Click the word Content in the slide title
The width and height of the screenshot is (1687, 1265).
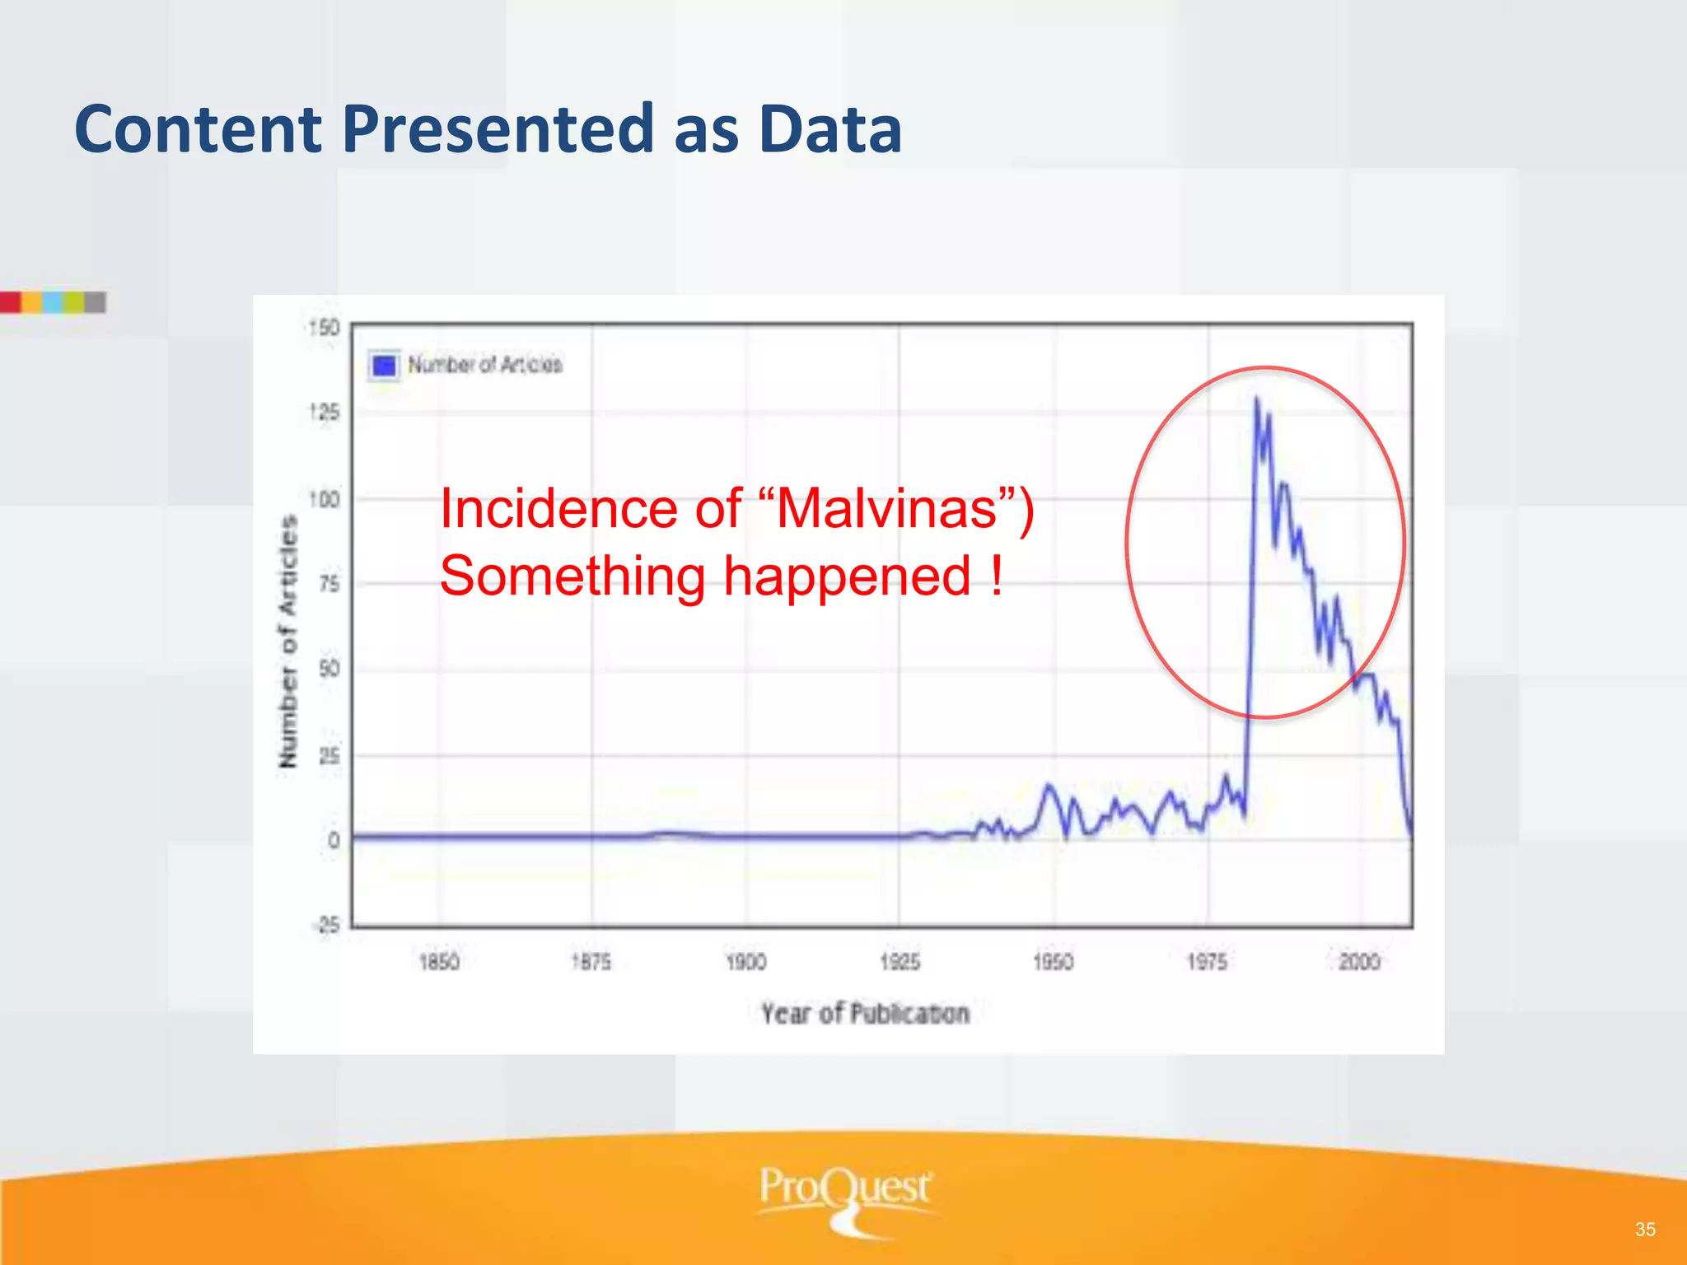pyautogui.click(x=198, y=130)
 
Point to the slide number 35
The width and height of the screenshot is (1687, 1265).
pyautogui.click(x=1645, y=1230)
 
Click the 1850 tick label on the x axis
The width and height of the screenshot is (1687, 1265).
pyautogui.click(x=439, y=962)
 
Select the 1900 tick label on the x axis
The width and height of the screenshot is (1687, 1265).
pyautogui.click(x=746, y=962)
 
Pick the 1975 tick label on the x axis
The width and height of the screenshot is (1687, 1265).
pyautogui.click(x=1207, y=962)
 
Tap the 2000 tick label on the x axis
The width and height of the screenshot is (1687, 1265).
pyautogui.click(x=1359, y=962)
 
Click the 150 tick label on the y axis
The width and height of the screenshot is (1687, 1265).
pyautogui.click(x=324, y=328)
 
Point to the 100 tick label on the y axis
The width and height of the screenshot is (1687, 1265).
pyautogui.click(x=324, y=500)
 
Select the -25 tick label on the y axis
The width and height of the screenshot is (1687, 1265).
pyautogui.click(x=326, y=925)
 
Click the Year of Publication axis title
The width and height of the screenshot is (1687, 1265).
pyautogui.click(x=865, y=1014)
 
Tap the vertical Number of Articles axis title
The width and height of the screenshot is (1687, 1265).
pyautogui.click(x=287, y=642)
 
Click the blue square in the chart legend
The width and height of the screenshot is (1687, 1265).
pyautogui.click(x=384, y=365)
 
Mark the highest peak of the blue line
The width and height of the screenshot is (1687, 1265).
pyautogui.click(x=1257, y=399)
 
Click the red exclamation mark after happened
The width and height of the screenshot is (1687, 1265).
pyautogui.click(x=998, y=576)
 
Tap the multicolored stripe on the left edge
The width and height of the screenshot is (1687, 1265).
pyautogui.click(x=53, y=302)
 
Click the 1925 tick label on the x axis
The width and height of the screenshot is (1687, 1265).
pyautogui.click(x=900, y=962)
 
